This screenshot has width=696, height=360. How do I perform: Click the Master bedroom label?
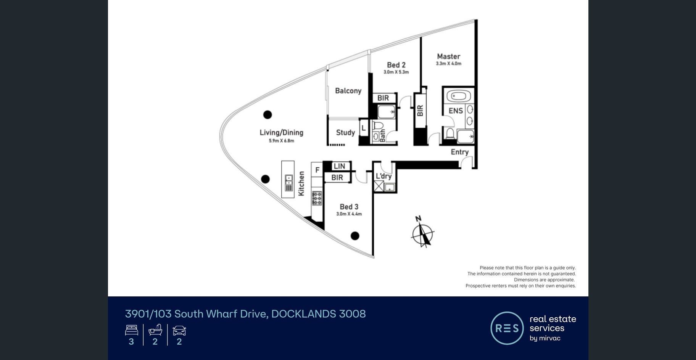[x=448, y=56]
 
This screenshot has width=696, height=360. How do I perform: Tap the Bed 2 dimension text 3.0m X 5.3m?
[x=396, y=72]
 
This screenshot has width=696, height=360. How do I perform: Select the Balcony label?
[x=348, y=91]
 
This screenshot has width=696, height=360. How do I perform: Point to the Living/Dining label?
[x=282, y=133]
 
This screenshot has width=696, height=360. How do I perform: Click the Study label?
[x=345, y=133]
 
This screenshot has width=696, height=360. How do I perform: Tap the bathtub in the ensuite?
[x=458, y=96]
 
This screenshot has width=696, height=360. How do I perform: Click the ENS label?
[x=456, y=111]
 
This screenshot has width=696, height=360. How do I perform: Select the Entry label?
[x=459, y=152]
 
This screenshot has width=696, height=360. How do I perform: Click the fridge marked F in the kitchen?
[x=317, y=170]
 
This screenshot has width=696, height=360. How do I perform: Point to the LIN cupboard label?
[x=339, y=166]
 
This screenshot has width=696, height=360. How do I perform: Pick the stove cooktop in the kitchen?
[x=317, y=198]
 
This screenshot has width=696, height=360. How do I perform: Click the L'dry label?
[x=383, y=176]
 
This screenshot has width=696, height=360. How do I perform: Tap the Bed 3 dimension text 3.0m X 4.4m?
[x=349, y=214]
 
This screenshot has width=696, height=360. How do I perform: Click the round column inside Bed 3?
[x=355, y=236]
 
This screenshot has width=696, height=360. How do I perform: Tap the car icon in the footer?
[x=179, y=330]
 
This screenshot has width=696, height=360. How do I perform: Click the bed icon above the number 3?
[x=131, y=330]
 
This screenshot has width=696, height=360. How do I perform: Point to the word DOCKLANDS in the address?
[x=304, y=314]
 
